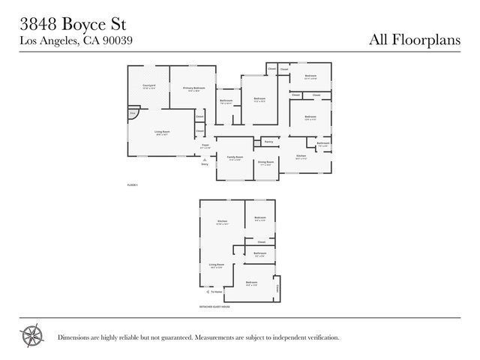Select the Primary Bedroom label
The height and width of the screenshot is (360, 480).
pyautogui.click(x=193, y=88)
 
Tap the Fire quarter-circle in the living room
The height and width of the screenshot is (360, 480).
pyautogui.click(x=133, y=113)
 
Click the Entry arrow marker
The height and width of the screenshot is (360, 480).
pyautogui.click(x=202, y=160)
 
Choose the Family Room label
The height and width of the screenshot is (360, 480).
pyautogui.click(x=235, y=157)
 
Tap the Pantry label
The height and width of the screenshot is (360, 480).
pyautogui.click(x=267, y=141)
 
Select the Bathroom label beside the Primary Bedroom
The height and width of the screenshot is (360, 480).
pyautogui.click(x=226, y=101)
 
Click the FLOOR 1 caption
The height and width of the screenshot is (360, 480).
pyautogui.click(x=133, y=184)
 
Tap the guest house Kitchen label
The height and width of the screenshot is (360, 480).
pyautogui.click(x=222, y=222)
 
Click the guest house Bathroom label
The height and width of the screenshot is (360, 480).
pyautogui.click(x=259, y=253)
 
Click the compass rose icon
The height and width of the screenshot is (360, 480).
pyautogui.click(x=31, y=335)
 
